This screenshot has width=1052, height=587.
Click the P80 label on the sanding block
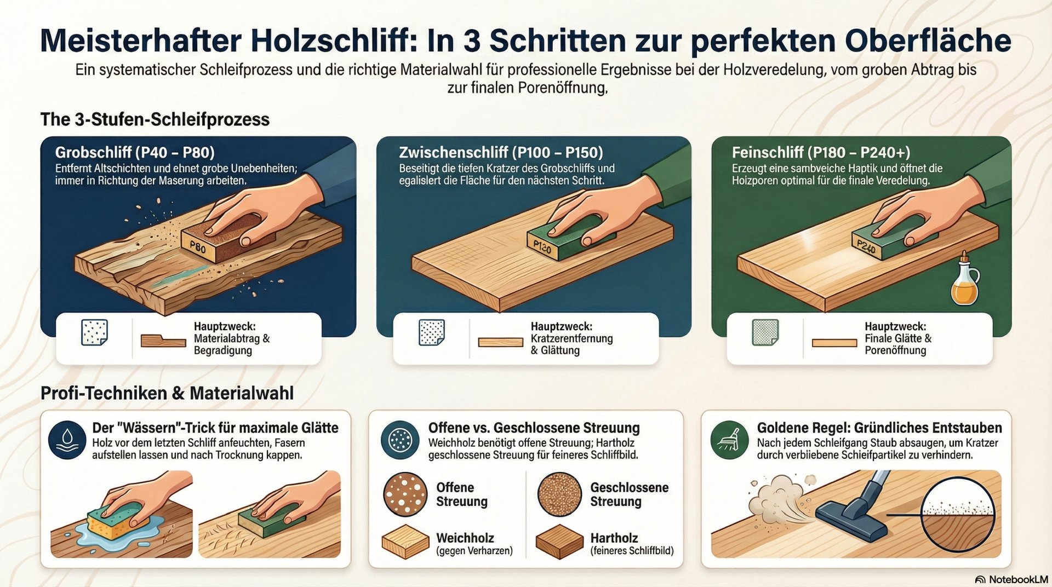click(197, 247)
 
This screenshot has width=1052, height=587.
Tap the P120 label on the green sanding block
click(542, 248)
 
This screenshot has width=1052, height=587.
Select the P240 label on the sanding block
click(866, 248)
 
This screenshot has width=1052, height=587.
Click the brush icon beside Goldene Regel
click(729, 440)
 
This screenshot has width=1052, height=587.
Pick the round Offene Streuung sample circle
click(405, 494)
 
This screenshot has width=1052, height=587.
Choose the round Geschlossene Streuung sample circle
click(559, 494)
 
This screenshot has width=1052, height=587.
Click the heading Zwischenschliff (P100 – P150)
click(501, 152)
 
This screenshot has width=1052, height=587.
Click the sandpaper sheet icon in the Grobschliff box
click(94, 333)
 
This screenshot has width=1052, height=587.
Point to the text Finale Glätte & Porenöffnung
click(897, 344)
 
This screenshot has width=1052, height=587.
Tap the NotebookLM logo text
click(1017, 579)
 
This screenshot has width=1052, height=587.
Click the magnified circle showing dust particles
click(958, 517)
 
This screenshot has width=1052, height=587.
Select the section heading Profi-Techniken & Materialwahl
click(167, 393)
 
